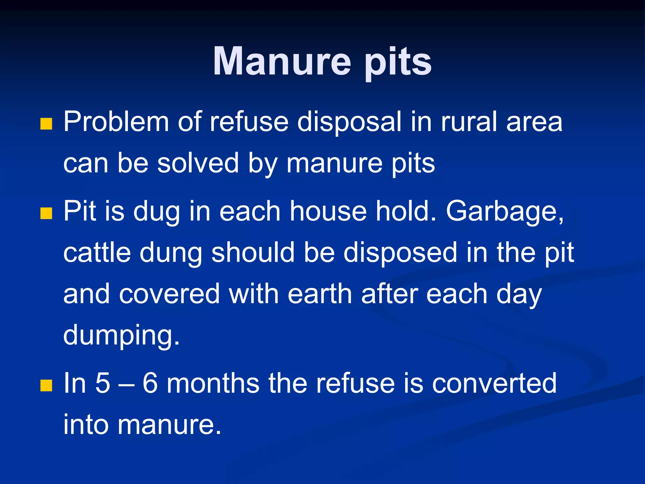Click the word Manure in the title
click(282, 61)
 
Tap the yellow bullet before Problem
click(46, 124)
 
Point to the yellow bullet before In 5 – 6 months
click(46, 385)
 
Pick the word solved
click(198, 163)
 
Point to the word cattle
click(97, 253)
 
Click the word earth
click(320, 294)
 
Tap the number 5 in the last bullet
click(103, 383)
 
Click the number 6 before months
click(150, 383)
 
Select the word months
click(213, 383)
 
